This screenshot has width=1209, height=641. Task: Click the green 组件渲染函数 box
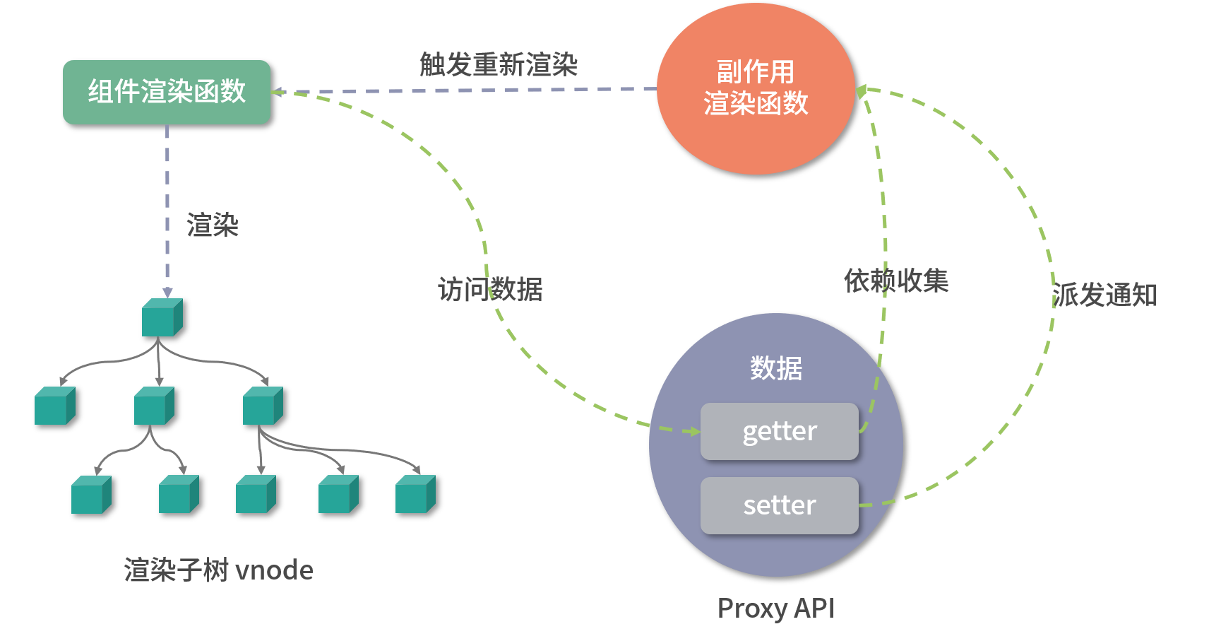tap(167, 92)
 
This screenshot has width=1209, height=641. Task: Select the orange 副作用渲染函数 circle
tap(756, 88)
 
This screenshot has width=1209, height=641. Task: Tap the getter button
tap(779, 431)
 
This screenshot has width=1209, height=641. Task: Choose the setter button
tap(779, 505)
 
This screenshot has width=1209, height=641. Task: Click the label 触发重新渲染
tap(499, 64)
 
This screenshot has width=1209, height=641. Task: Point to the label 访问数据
tap(490, 289)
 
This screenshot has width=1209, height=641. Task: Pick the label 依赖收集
tap(895, 281)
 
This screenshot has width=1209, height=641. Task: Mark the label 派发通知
tap(1104, 295)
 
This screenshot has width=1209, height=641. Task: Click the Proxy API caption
tap(775, 608)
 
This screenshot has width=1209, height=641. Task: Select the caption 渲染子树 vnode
tap(218, 570)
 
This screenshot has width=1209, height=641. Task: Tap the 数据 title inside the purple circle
tap(775, 368)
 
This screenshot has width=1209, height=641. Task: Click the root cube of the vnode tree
tap(162, 318)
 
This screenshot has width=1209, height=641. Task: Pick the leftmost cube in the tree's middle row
tap(54, 406)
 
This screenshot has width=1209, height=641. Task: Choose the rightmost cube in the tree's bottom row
tap(415, 494)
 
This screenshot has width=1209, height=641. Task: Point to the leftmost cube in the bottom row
tap(91, 494)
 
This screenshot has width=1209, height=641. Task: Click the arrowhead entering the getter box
tap(694, 431)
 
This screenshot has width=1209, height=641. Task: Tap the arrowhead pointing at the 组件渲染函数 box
tap(277, 92)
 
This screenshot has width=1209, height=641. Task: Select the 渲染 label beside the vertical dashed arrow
tap(212, 225)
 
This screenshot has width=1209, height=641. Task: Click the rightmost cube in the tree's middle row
tap(263, 406)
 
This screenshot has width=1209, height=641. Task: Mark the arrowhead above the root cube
tap(167, 292)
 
